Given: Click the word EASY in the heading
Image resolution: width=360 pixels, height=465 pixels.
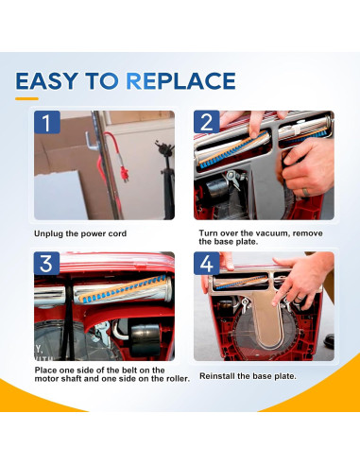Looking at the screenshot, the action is coord(46,81).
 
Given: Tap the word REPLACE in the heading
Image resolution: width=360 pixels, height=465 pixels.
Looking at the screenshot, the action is coord(180,81).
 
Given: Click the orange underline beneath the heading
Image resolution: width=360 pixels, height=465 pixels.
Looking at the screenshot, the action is coord(26,99).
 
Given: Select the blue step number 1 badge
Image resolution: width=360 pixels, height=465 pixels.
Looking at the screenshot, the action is coord(47,122).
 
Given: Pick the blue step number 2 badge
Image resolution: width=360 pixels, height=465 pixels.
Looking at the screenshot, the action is coord(207,122).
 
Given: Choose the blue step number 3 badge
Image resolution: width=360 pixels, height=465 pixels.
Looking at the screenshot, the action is coord(47,264).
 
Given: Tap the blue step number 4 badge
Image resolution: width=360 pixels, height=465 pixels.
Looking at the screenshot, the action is coord(207,264).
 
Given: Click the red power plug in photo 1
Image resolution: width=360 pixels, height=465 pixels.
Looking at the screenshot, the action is coord(125,173).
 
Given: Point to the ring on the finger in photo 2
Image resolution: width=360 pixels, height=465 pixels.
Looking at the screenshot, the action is coord(305,192).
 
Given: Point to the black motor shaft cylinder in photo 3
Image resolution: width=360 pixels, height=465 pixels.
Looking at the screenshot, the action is coord(145,339).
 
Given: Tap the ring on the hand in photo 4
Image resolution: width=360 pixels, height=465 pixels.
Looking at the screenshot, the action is coord(300,298).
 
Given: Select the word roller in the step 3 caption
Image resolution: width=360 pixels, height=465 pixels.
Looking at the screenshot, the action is coord(177,378).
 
